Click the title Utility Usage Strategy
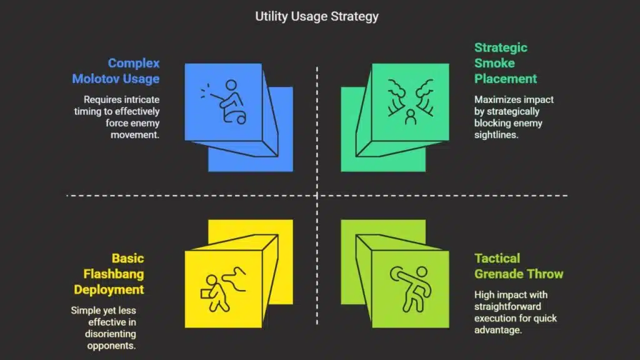[x=317, y=16]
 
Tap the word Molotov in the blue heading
[x=94, y=78]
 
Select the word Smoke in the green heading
[x=494, y=63]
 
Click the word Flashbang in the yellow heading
[x=114, y=274]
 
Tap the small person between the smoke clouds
[x=411, y=117]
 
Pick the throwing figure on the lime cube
[x=411, y=289]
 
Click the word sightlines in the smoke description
[x=496, y=135]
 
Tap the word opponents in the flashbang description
[x=111, y=346]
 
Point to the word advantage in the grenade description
[x=498, y=330]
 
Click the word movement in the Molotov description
[x=135, y=135]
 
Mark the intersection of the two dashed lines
[x=317, y=196]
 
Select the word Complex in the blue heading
[x=134, y=63]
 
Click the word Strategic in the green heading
[x=501, y=47]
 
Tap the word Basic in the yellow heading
[x=127, y=258]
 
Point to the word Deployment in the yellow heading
[x=109, y=289]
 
